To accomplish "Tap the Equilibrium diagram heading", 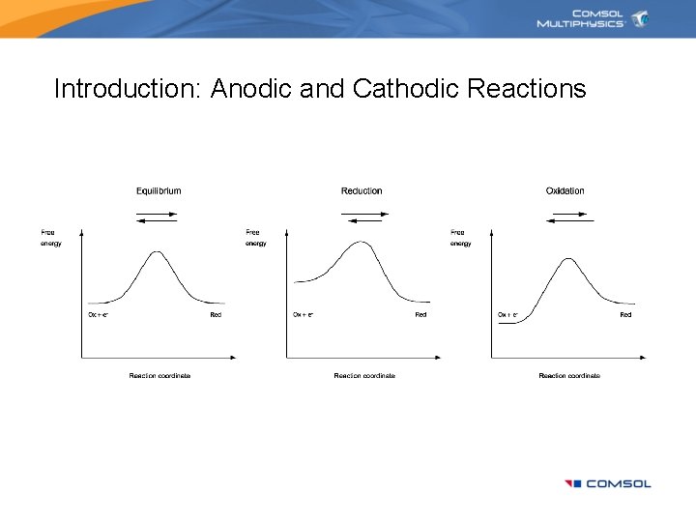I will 158,190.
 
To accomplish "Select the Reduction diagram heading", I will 362,190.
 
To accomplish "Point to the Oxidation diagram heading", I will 565,190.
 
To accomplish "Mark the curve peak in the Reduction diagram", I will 361,243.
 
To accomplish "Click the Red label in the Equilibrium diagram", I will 216,315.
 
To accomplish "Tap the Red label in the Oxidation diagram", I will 625,315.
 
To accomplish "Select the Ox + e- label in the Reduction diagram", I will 303,315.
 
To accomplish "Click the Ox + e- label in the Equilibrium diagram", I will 98,315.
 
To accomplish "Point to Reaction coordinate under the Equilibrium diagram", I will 159,375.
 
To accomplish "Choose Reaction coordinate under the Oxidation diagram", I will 569,375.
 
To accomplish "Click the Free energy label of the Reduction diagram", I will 255,238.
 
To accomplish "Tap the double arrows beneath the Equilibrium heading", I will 157,218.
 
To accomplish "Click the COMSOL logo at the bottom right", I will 608,483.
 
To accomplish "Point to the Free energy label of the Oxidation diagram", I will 460,238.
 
